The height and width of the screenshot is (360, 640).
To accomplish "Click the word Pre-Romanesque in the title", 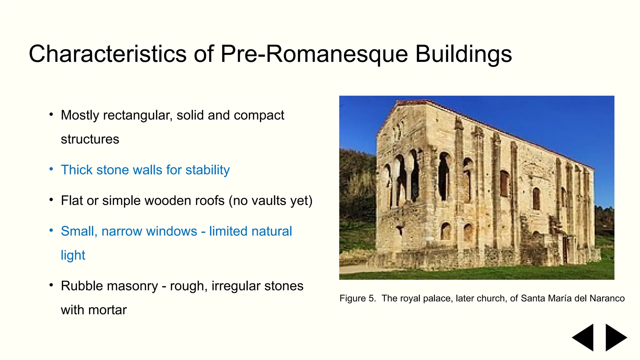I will (314, 54).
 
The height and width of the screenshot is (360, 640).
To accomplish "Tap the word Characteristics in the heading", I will (107, 54).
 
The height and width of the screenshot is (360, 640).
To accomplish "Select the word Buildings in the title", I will (463, 54).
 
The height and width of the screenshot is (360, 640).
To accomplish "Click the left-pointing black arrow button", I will (583, 337).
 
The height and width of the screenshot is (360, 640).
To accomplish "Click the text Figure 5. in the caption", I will (357, 298).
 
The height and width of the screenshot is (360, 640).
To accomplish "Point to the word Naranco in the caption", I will (607, 298).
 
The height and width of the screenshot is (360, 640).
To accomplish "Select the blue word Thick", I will (77, 170).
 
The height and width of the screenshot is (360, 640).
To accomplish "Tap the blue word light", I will (73, 255).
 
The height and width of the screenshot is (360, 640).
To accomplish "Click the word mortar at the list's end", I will (107, 310).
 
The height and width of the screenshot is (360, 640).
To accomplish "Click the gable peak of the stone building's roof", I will (397, 102).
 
